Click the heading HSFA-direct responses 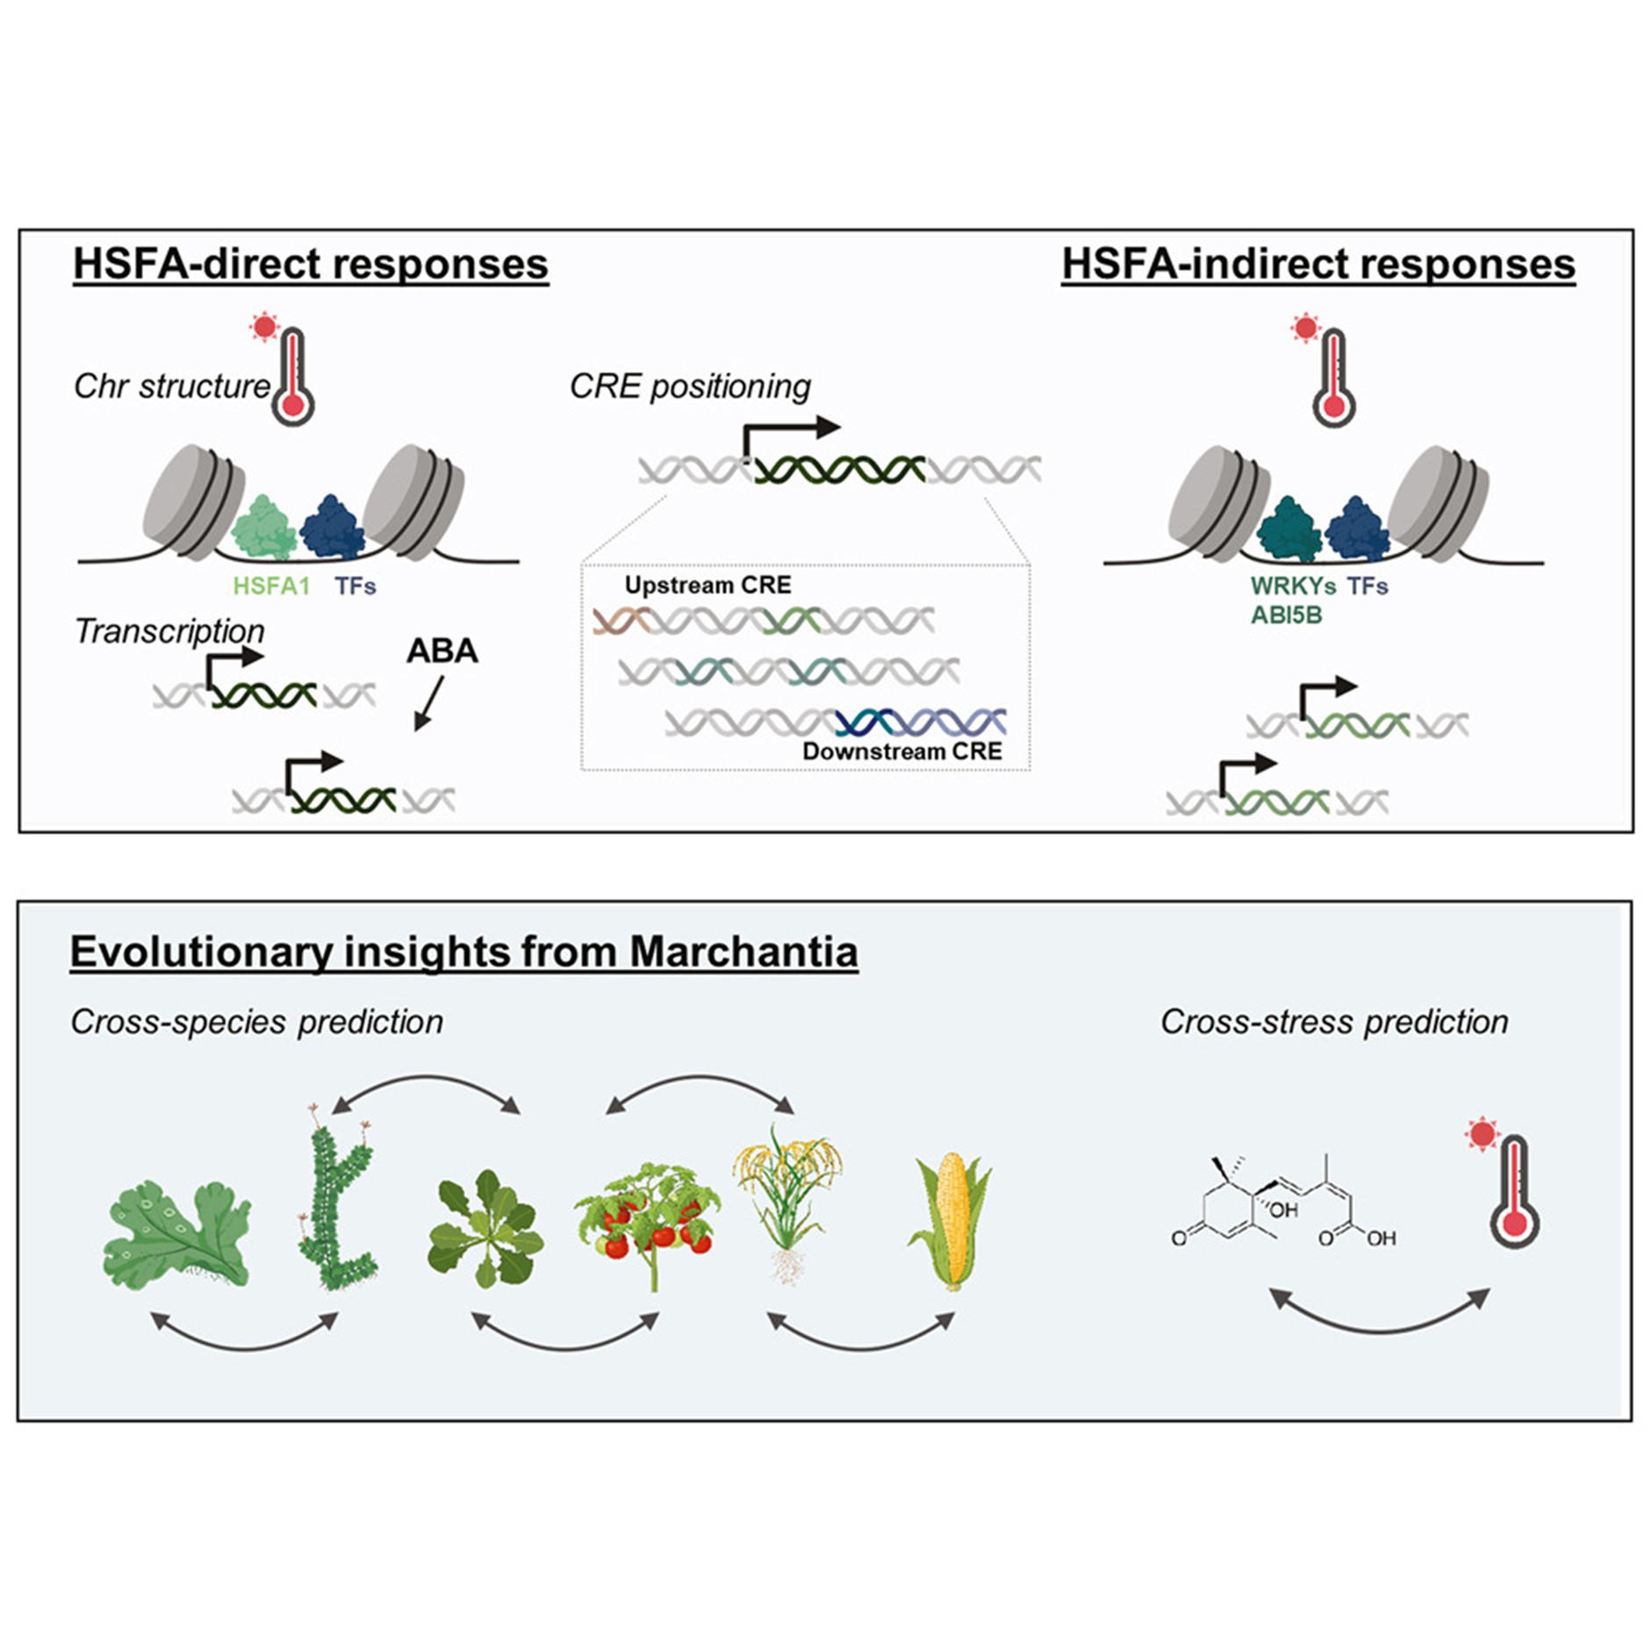point(311,264)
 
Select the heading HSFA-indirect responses point(1317,264)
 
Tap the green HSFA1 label point(271,585)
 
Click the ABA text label point(442,650)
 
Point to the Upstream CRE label point(707,585)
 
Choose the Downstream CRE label point(901,751)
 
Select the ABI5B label point(1286,614)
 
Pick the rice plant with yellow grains point(787,1198)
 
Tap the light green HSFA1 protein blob point(262,528)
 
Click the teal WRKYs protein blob point(1288,529)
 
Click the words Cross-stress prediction point(1333,1022)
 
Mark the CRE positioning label point(690,386)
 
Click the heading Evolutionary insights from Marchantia point(463,951)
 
